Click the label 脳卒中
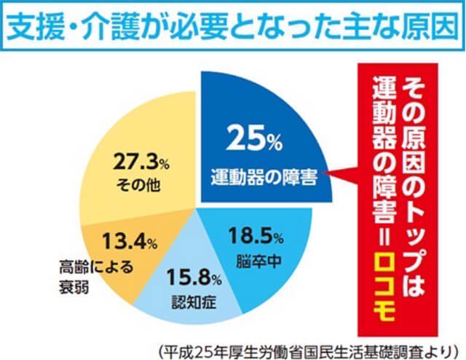coord(251,258)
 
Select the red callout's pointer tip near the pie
coord(330,173)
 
